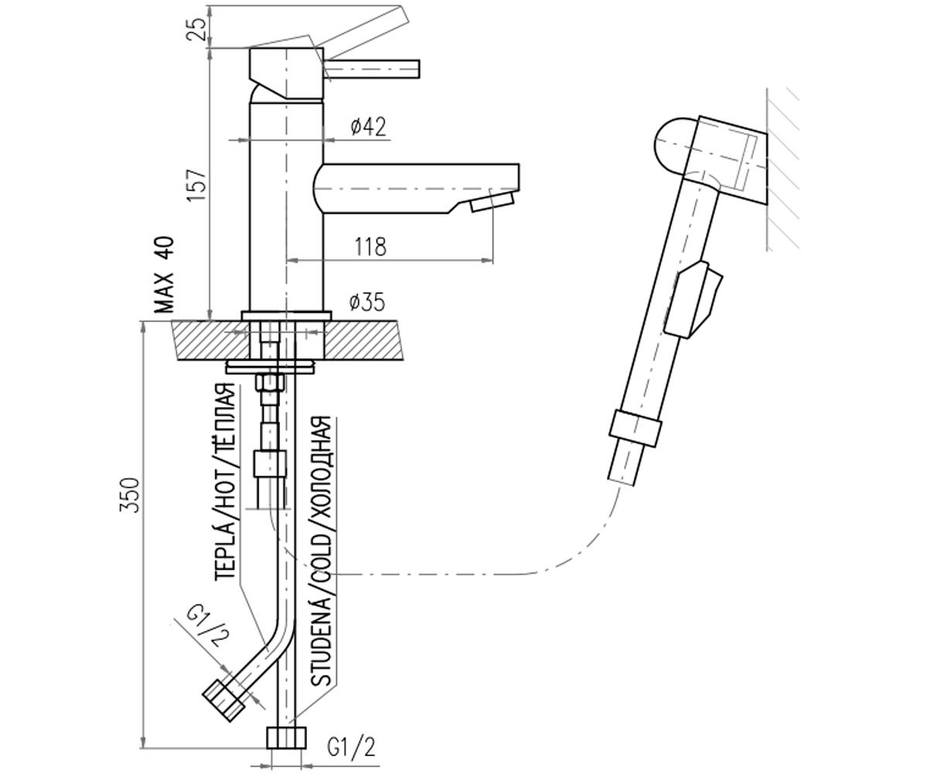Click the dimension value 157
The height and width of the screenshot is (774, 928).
pyautogui.click(x=196, y=184)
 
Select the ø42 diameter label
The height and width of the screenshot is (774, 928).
pyautogui.click(x=368, y=127)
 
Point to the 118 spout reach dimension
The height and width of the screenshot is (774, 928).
pyautogui.click(x=370, y=246)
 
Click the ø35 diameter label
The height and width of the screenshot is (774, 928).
pyautogui.click(x=367, y=303)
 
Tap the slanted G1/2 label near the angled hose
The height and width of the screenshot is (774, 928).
pyautogui.click(x=207, y=627)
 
